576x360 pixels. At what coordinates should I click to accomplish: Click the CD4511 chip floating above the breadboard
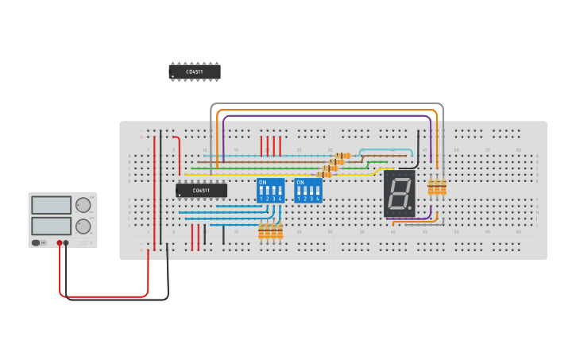[x=195, y=72]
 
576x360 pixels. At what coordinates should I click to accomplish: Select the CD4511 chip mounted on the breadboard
[x=201, y=191]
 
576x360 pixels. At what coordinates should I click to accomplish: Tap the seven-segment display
[x=399, y=193]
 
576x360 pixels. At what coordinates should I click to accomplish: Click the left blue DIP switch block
[x=270, y=191]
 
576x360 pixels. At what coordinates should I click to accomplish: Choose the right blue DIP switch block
[x=308, y=191]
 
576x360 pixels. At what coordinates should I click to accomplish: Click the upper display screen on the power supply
[x=52, y=205]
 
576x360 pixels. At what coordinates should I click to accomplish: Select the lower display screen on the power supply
[x=52, y=226]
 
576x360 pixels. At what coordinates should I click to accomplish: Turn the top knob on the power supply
[x=83, y=205]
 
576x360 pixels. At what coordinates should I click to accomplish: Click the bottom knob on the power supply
[x=83, y=226]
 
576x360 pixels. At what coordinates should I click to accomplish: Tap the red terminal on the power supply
[x=60, y=243]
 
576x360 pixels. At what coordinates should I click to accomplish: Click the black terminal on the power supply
[x=66, y=243]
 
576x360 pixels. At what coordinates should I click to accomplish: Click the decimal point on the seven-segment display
[x=410, y=208]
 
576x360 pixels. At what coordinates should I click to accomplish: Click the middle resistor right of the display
[x=437, y=187]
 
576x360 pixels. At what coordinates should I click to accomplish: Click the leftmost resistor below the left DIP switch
[x=261, y=231]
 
